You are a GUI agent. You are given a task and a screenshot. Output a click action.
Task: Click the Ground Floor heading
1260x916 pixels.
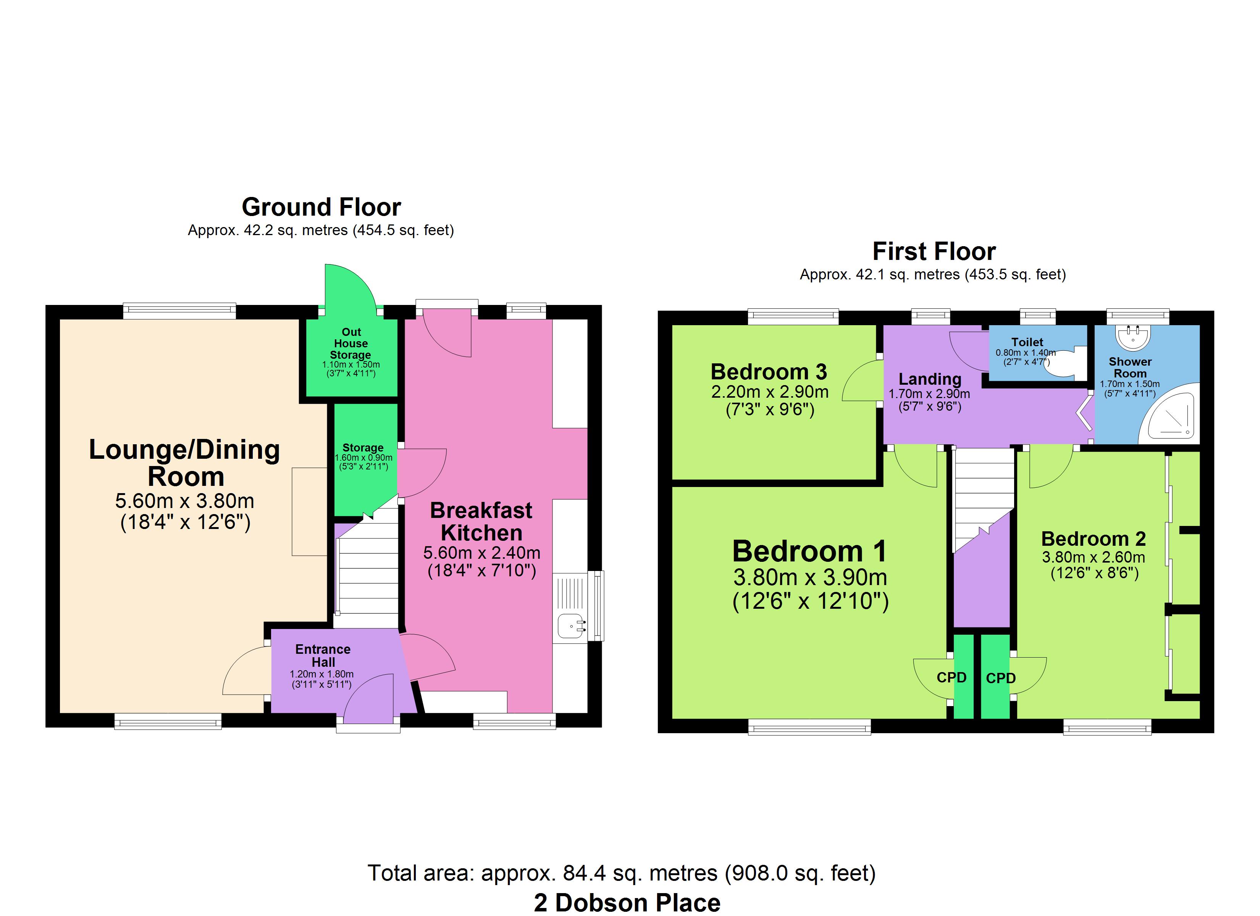pos(321,207)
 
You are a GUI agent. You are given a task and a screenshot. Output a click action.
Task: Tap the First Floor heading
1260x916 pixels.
pos(934,251)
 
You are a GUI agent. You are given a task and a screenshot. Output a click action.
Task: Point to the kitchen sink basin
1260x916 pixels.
pos(572,626)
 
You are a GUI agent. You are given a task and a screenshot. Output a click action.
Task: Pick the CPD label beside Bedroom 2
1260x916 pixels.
pos(1001,678)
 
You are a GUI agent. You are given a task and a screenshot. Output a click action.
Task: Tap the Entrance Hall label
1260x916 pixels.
pos(323,655)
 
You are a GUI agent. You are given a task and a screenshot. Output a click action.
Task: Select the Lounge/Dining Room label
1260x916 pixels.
pos(184,463)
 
